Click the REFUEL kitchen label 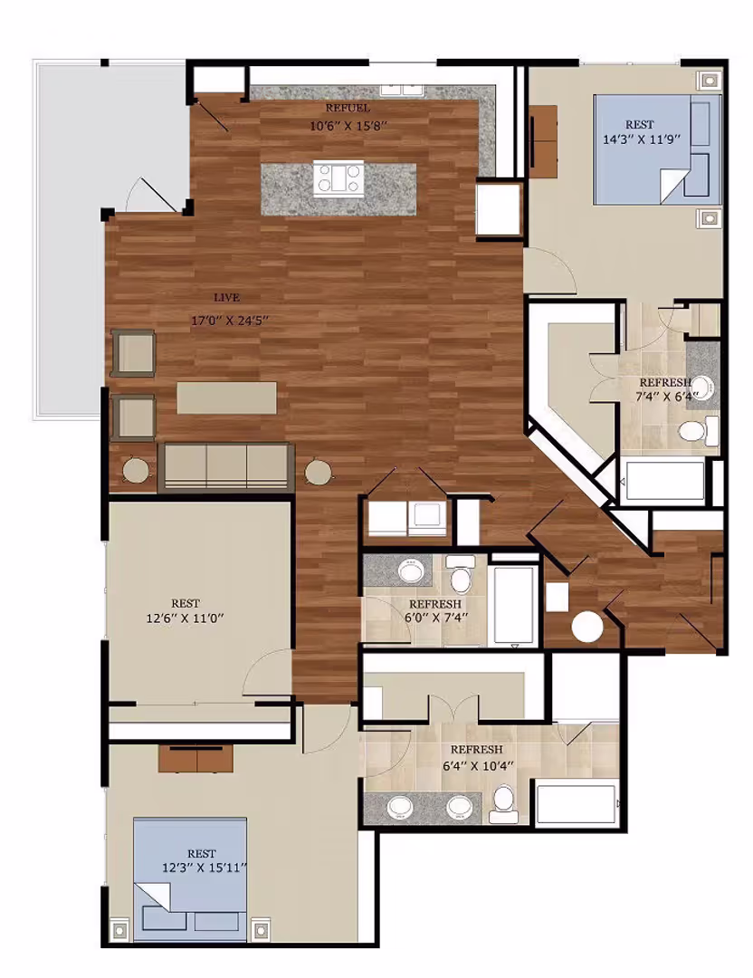coord(348,109)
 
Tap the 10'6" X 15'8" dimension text coord(348,127)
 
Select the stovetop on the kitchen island coord(339,177)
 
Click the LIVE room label coord(227,298)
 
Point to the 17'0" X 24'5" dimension coord(230,320)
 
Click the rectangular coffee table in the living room coord(227,398)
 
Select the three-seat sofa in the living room coord(226,466)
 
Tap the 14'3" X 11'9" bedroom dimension coord(641,139)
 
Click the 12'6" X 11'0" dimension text coord(186,618)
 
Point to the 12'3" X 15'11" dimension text coord(205,868)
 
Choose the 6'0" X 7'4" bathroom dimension coord(435,619)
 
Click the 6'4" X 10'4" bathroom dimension coord(477,765)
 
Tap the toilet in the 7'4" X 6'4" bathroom coord(694,431)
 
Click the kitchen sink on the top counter coord(400,89)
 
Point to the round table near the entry coord(586,627)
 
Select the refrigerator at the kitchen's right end coord(499,210)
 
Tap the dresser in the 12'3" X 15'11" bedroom coord(195,758)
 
